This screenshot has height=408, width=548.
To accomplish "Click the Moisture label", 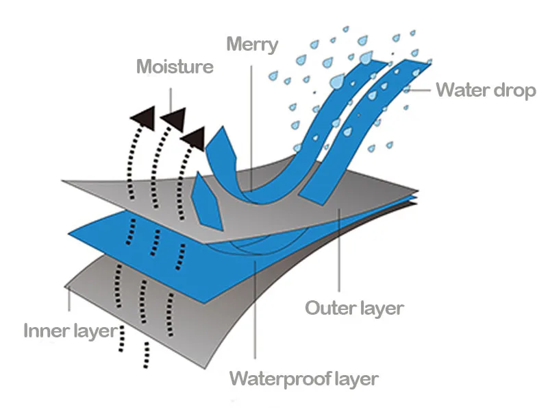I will point(175,67).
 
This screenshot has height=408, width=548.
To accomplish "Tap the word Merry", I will point(252,45).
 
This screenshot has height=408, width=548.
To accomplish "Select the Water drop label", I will point(486,90).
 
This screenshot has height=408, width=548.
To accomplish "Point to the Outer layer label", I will point(354,307).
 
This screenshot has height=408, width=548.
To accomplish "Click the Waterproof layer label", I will point(303,379).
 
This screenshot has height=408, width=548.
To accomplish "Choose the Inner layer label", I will point(71,331).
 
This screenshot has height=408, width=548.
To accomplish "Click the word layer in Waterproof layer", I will point(354,379).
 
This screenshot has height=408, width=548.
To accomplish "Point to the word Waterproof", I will point(279,379).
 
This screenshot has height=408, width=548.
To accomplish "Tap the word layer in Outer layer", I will point(381,308).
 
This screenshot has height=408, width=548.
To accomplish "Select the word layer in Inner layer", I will point(95,331).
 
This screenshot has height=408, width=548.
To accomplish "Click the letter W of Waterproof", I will point(238,379).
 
